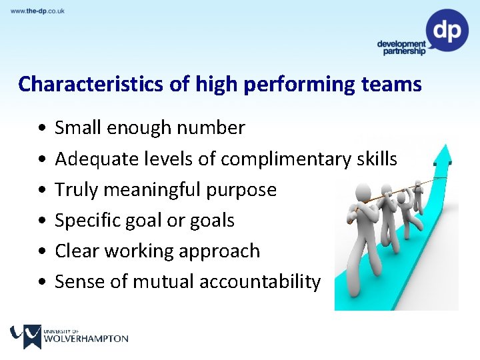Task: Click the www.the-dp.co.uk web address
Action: (x=37, y=11)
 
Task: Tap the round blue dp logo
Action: (x=447, y=30)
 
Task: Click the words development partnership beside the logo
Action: (x=401, y=47)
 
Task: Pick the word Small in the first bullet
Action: (x=76, y=127)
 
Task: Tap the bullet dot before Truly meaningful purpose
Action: (x=42, y=190)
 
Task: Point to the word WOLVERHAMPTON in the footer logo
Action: (x=85, y=339)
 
